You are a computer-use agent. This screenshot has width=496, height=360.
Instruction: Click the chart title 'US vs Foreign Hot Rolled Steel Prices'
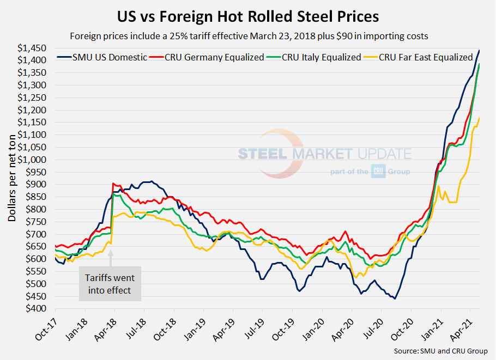pos(248,16)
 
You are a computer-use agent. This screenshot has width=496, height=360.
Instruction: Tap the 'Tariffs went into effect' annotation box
pos(110,283)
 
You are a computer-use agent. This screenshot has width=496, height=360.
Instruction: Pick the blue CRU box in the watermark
pos(378,172)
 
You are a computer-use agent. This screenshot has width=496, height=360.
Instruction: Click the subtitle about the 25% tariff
pos(248,36)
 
